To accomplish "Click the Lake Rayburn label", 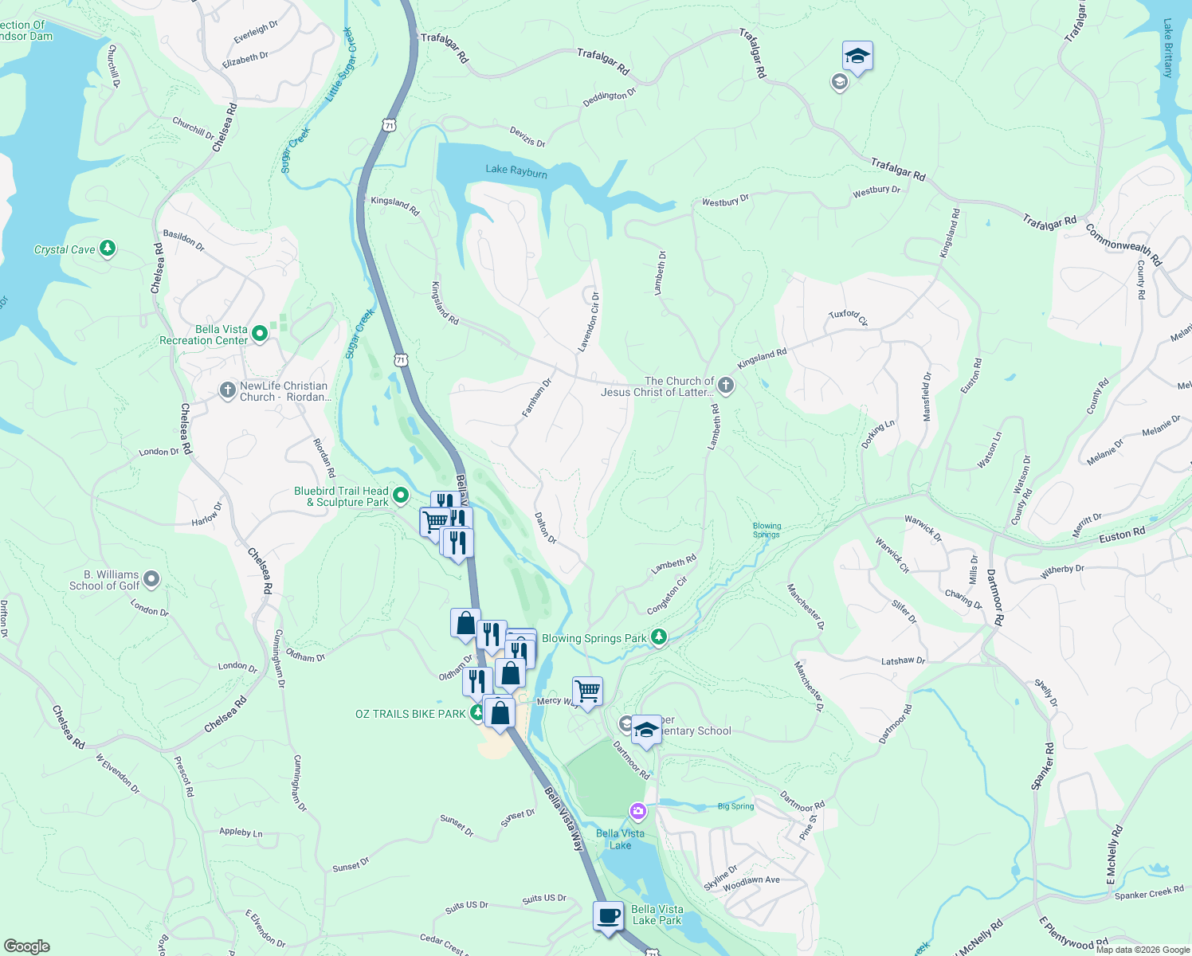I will [516, 170].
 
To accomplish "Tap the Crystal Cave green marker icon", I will [108, 249].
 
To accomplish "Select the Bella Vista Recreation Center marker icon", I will [260, 335].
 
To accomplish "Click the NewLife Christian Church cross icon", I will [228, 390].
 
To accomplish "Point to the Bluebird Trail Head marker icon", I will [401, 496].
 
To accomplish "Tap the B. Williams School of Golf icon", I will [151, 579].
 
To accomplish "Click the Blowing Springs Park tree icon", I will [658, 637].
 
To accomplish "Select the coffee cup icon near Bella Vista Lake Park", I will [609, 916].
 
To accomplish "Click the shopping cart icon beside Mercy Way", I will [587, 691].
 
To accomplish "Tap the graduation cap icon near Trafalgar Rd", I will [857, 57].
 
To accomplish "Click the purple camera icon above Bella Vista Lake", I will [637, 812].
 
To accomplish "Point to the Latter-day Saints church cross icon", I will [725, 386].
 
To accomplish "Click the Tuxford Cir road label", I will [848, 317].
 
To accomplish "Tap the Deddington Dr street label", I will [610, 96].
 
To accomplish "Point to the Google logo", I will [26, 946].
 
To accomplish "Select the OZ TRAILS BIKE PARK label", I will [410, 714].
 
